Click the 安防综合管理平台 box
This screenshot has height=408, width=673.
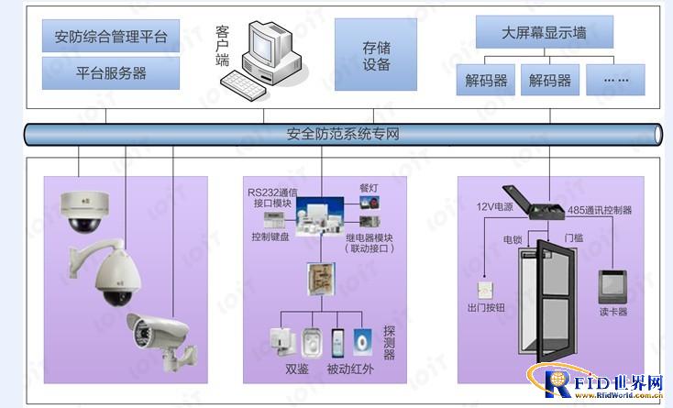click(x=111, y=38)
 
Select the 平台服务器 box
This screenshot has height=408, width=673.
click(x=111, y=72)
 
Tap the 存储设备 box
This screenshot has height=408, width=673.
click(x=377, y=57)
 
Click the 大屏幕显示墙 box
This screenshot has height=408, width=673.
click(x=544, y=33)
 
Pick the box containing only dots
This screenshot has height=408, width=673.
click(x=615, y=80)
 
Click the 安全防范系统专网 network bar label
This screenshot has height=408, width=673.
click(x=343, y=135)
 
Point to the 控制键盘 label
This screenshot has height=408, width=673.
click(x=270, y=236)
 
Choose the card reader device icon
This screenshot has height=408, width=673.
click(x=612, y=286)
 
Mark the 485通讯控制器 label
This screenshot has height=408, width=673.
click(x=600, y=210)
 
